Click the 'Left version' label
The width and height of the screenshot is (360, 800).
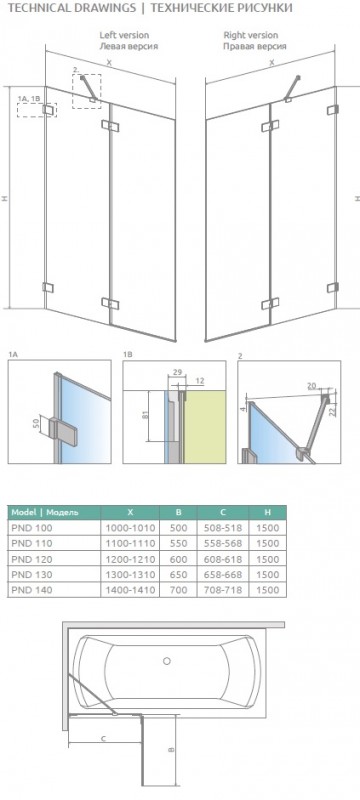tap(124, 35)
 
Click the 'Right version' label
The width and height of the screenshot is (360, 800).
tap(251, 35)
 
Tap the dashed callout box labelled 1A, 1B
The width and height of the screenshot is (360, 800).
tap(37, 110)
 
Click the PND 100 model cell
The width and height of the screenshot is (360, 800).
tap(32, 527)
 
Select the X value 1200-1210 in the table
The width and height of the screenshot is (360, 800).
tap(130, 559)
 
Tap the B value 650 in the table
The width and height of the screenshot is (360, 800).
tap(178, 574)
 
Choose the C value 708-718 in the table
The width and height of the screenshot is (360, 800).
tap(223, 590)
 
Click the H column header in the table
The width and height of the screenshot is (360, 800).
tap(268, 512)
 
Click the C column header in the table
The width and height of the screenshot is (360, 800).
tap(223, 512)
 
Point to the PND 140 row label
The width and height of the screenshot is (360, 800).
tap(32, 590)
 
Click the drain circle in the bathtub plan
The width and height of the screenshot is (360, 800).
tap(166, 661)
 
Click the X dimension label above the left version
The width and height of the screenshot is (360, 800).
tap(109, 62)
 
